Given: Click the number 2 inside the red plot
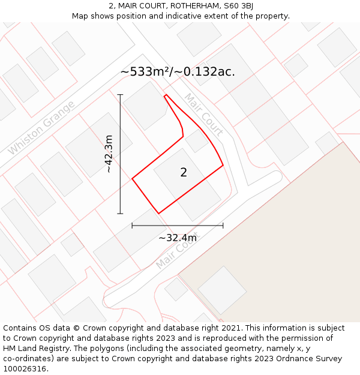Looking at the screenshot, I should click(x=184, y=173).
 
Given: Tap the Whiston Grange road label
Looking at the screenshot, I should click(x=41, y=128).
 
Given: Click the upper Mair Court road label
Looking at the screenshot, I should click(x=204, y=114).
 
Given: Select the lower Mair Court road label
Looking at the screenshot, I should click(x=176, y=251).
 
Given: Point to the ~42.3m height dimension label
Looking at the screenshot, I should click(x=109, y=154).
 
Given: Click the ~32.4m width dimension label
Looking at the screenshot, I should click(x=178, y=238).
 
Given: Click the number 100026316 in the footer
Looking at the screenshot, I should click(x=25, y=368).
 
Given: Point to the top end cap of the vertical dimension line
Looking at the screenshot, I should click(x=120, y=95).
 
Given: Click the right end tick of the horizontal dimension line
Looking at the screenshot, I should click(x=223, y=226).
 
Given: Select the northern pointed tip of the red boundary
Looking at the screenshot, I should click(x=166, y=95).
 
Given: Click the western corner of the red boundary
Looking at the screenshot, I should click(x=132, y=178).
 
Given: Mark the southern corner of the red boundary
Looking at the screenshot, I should click(x=158, y=213).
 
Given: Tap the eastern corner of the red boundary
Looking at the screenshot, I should click(x=223, y=165).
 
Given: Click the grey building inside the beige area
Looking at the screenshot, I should click(x=222, y=290).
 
